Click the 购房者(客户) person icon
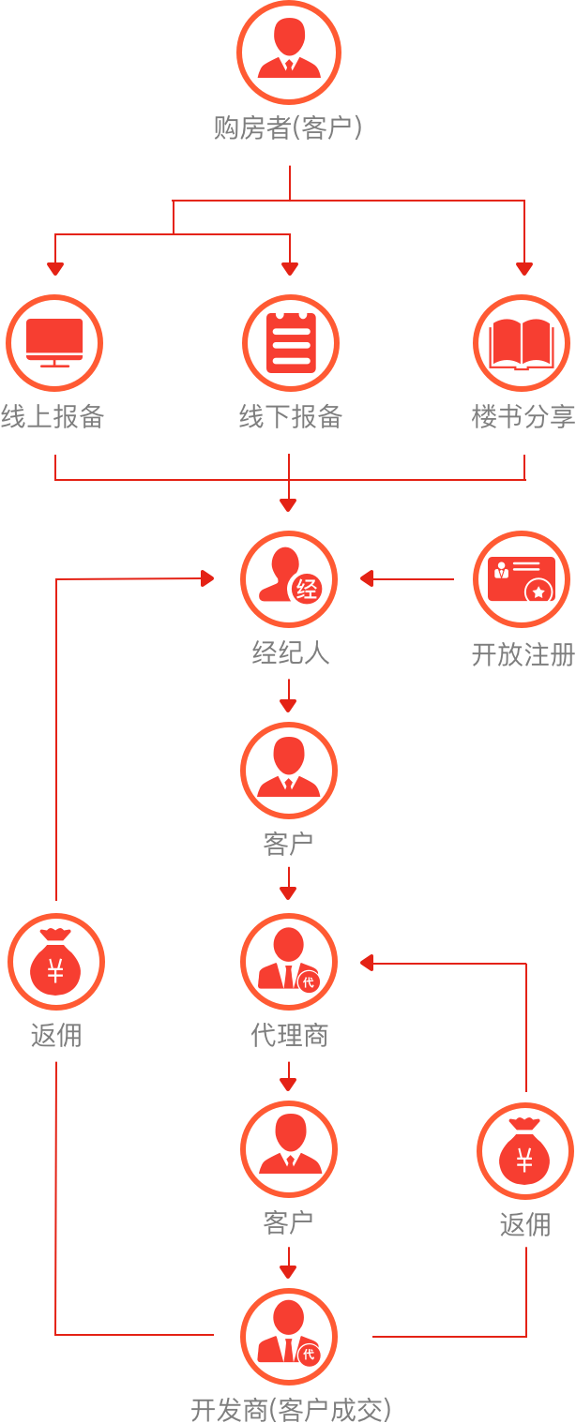tap(289, 52)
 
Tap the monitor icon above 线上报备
tap(54, 343)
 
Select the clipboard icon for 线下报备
tap(289, 343)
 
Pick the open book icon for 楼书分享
tap(522, 343)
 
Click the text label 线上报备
tap(53, 417)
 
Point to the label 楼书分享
tap(523, 417)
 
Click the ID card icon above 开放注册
tap(522, 579)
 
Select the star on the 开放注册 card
tap(538, 592)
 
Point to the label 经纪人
tap(290, 652)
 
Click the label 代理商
tap(289, 1036)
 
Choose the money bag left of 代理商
tap(56, 963)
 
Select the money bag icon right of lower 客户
tap(524, 1151)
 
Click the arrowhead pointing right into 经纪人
tap(208, 579)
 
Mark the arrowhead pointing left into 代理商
tap(368, 963)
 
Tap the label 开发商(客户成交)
tap(290, 1409)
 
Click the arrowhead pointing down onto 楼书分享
tap(524, 269)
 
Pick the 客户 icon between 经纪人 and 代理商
tap(289, 771)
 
